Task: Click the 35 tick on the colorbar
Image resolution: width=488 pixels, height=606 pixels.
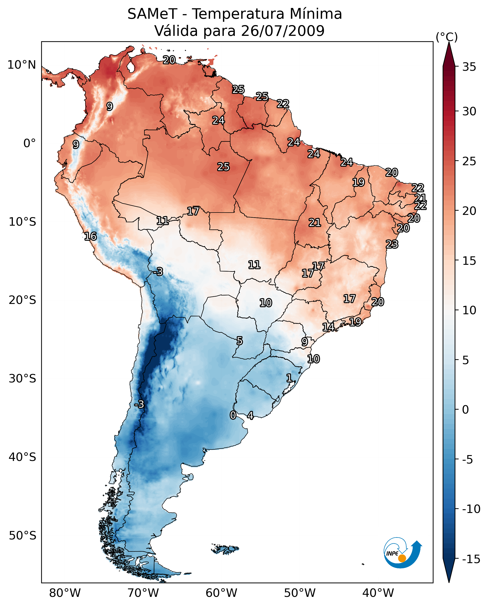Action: (x=469, y=67)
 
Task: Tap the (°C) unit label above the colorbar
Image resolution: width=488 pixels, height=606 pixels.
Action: (x=447, y=37)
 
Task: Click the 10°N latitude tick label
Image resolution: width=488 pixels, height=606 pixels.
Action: (x=22, y=65)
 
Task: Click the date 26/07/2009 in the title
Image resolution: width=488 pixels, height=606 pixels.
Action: (x=283, y=31)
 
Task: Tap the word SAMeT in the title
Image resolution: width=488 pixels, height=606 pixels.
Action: (x=152, y=14)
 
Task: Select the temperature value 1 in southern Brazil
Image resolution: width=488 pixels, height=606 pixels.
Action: (x=289, y=378)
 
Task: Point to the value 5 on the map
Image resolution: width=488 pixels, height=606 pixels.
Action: (x=240, y=341)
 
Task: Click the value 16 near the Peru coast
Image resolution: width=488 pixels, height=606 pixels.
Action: (x=91, y=236)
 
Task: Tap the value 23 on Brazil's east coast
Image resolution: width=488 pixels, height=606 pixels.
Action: (x=392, y=244)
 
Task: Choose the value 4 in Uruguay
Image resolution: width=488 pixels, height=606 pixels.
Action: (x=250, y=415)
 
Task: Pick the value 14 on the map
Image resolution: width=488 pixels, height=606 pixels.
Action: (x=328, y=327)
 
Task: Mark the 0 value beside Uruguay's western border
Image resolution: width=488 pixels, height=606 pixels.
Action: (x=233, y=415)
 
